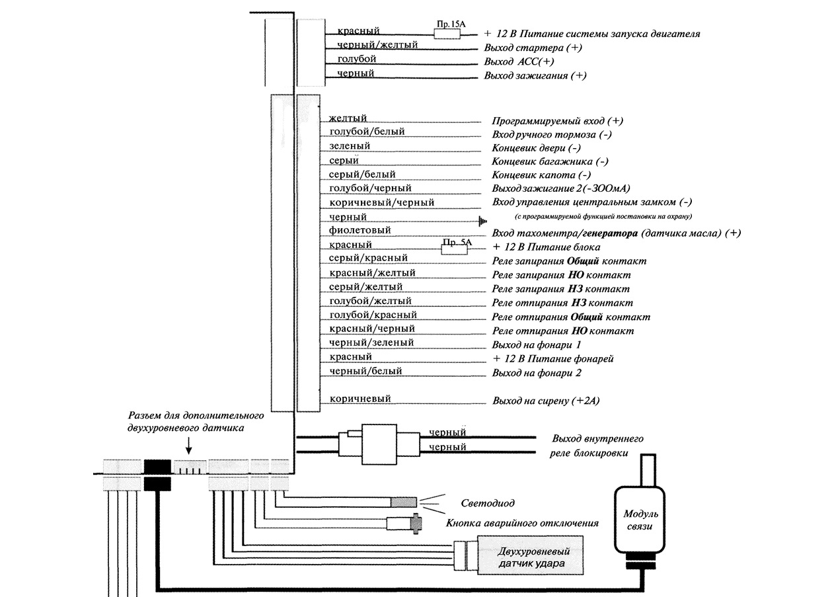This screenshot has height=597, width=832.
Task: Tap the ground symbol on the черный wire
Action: [483, 221]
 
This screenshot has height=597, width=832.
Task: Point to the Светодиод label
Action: [487, 504]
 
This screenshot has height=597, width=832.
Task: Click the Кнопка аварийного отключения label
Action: [522, 523]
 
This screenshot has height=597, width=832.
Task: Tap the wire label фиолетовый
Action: [359, 230]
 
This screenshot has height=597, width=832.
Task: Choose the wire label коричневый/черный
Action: [381, 202]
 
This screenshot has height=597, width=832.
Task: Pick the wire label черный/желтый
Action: [377, 45]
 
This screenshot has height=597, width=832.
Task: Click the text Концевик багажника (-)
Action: [550, 161]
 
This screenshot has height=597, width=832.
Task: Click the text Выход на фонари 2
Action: [537, 374]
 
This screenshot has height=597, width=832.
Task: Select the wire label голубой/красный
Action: [373, 315]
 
